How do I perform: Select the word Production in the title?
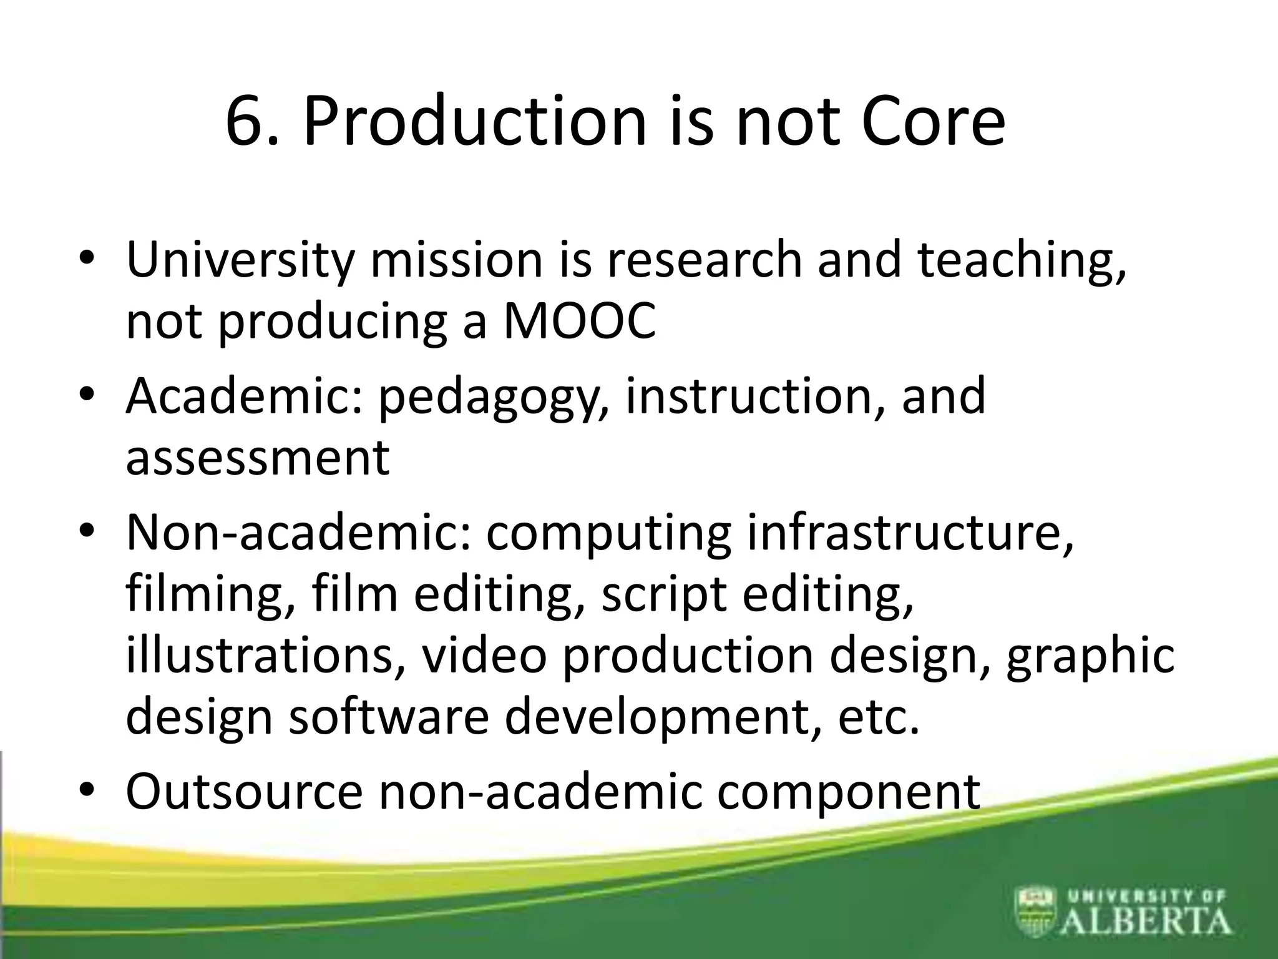(x=474, y=122)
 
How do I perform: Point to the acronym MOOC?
(x=580, y=322)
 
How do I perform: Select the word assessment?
(x=258, y=458)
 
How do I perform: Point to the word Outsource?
(x=244, y=792)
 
